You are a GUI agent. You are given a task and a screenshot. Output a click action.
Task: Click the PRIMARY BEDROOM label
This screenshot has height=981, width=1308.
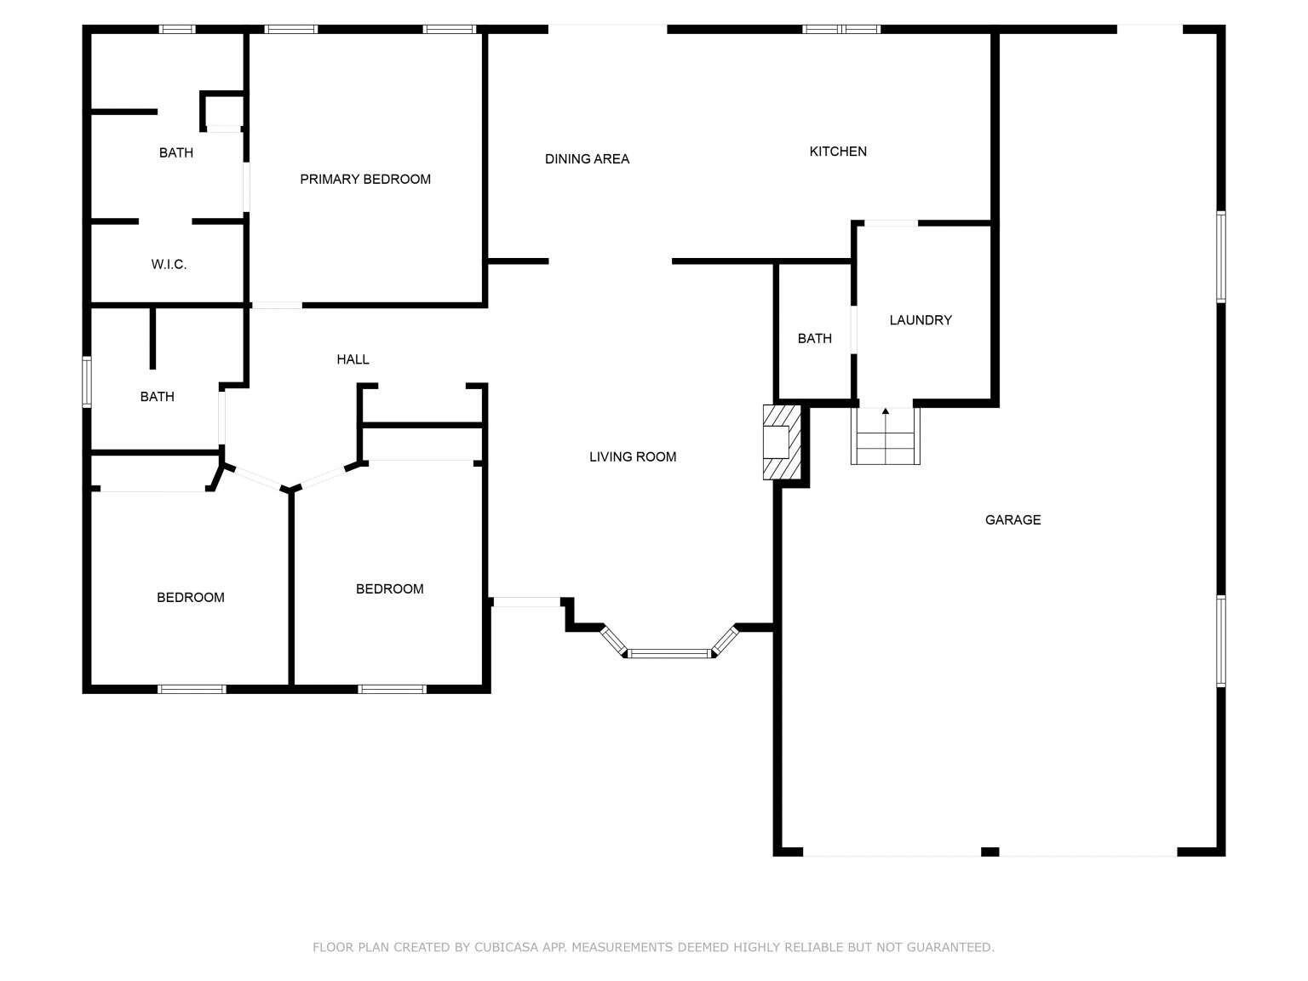[365, 179]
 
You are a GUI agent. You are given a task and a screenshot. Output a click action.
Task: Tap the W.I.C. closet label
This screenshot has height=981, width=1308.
[169, 264]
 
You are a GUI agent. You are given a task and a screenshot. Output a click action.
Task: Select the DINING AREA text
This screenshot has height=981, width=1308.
[587, 158]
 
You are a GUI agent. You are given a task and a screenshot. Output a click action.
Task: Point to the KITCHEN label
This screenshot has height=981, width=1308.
[838, 151]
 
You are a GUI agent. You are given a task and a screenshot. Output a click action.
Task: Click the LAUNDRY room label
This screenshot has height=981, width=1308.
[921, 319]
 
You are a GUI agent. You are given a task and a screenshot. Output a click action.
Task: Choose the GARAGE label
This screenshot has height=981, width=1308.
[1013, 519]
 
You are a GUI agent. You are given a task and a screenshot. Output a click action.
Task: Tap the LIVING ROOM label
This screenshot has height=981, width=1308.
[633, 456]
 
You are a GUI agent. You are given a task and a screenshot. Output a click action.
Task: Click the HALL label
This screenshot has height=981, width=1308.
[353, 359]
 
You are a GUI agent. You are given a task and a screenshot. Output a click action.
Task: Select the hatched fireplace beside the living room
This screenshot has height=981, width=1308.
[781, 442]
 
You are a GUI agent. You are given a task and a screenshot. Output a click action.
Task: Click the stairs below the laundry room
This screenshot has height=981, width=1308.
[886, 439]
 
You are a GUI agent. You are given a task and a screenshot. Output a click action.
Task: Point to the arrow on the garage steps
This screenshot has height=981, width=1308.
[886, 412]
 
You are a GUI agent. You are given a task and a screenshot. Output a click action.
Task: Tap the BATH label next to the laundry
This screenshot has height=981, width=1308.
[814, 338]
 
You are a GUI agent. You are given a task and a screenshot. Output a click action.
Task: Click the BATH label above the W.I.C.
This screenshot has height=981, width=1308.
[176, 152]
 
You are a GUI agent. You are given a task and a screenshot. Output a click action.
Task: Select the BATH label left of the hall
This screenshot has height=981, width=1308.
[157, 396]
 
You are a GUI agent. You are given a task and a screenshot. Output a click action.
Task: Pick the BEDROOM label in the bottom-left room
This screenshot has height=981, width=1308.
[191, 597]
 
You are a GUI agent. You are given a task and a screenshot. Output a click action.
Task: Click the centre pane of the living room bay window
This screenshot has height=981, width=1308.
[669, 653]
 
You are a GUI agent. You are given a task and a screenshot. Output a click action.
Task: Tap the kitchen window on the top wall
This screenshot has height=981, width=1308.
[841, 29]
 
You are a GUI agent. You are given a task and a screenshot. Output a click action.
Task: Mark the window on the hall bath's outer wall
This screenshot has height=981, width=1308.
[87, 381]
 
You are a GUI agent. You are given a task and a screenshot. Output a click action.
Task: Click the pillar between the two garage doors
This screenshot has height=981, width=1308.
[990, 851]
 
